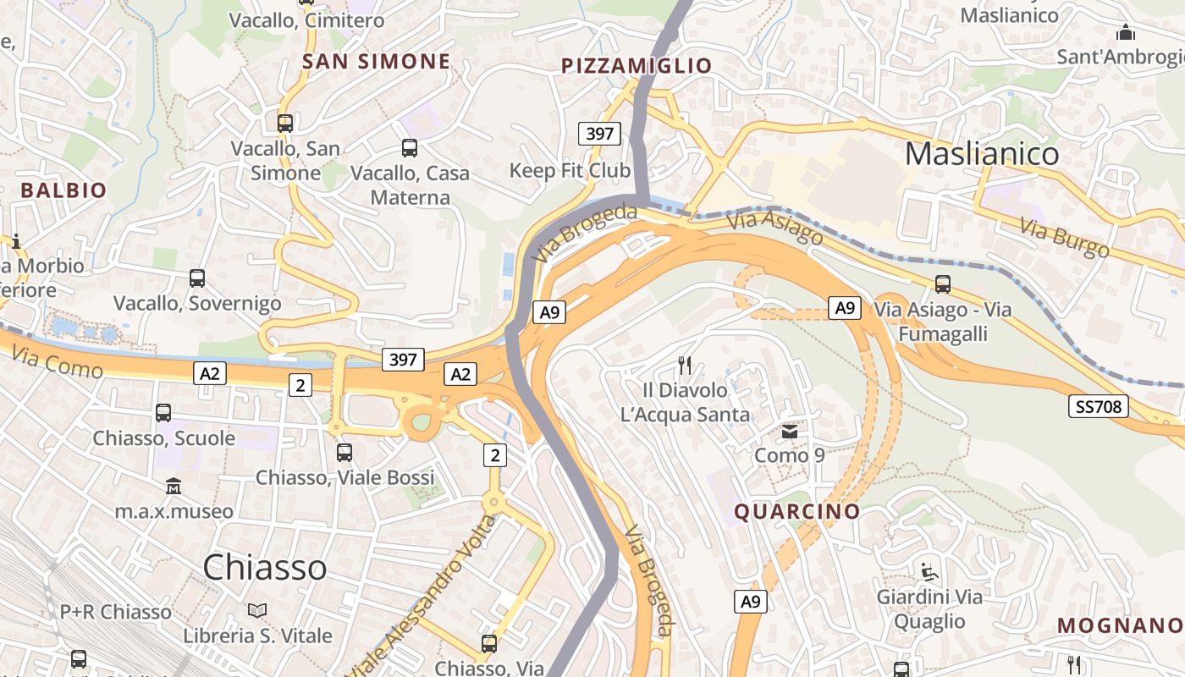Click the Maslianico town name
(x=982, y=154)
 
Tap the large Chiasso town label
(x=265, y=567)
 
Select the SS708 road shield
(x=1098, y=407)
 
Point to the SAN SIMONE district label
(x=377, y=62)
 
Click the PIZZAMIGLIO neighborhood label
(x=637, y=66)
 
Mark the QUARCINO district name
(x=796, y=512)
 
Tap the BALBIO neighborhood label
(x=64, y=190)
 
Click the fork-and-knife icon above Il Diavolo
(x=685, y=366)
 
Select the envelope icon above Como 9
(x=790, y=432)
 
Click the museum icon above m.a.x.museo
(x=174, y=487)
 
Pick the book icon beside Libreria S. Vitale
(x=257, y=610)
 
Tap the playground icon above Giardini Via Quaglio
(x=929, y=572)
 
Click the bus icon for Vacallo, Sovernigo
(x=197, y=278)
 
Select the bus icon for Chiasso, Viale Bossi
(x=344, y=453)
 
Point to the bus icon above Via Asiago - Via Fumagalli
(x=943, y=284)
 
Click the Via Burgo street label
(x=1064, y=238)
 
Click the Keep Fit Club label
(x=570, y=171)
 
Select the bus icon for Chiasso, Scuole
(x=163, y=413)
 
